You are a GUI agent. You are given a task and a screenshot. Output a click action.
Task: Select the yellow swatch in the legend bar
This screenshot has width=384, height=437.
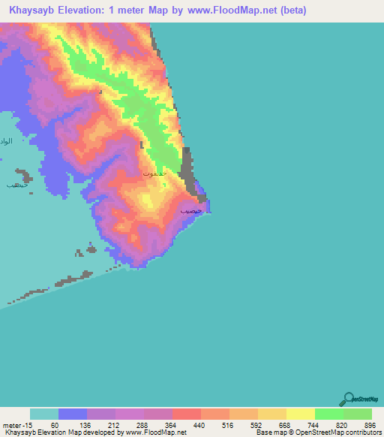pyautogui.click(x=300, y=414)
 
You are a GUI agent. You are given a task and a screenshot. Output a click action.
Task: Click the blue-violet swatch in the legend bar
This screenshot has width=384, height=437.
pyautogui.click(x=73, y=414)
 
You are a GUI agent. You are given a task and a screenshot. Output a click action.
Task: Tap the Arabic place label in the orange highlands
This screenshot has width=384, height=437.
pyautogui.click(x=153, y=173)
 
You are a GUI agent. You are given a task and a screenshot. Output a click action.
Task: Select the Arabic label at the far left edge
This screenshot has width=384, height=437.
pyautogui.click(x=6, y=141)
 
